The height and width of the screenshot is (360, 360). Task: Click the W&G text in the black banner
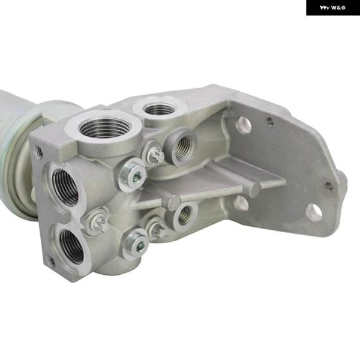tap(338, 8)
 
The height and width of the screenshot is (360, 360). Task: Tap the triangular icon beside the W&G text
tap(325, 8)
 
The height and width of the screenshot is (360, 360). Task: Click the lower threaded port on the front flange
tap(72, 246)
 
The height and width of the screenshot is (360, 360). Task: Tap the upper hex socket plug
tap(133, 175)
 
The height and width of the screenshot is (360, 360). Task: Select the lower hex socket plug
tap(136, 244)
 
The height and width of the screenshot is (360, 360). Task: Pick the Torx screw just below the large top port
tap(154, 154)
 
